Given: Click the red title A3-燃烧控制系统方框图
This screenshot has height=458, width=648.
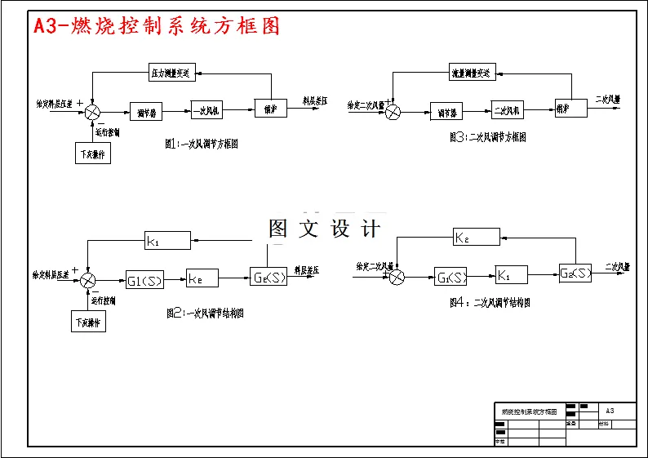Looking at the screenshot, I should pyautogui.click(x=156, y=26).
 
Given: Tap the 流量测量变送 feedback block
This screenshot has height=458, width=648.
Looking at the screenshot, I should pyautogui.click(x=472, y=73).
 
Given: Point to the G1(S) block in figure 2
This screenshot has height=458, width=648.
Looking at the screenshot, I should pyautogui.click(x=144, y=280).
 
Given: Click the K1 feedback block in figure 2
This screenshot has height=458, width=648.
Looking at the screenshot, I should pyautogui.click(x=167, y=240).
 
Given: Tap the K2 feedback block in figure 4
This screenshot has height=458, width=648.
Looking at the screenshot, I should pyautogui.click(x=477, y=238).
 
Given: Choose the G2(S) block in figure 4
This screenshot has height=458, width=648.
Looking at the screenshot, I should pyautogui.click(x=576, y=273).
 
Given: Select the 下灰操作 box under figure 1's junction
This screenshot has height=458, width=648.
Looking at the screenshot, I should pyautogui.click(x=94, y=153).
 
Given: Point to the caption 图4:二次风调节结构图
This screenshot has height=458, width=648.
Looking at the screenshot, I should pyautogui.click(x=490, y=302).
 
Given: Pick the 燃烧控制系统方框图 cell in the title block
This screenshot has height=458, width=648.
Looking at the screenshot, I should pyautogui.click(x=529, y=411).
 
